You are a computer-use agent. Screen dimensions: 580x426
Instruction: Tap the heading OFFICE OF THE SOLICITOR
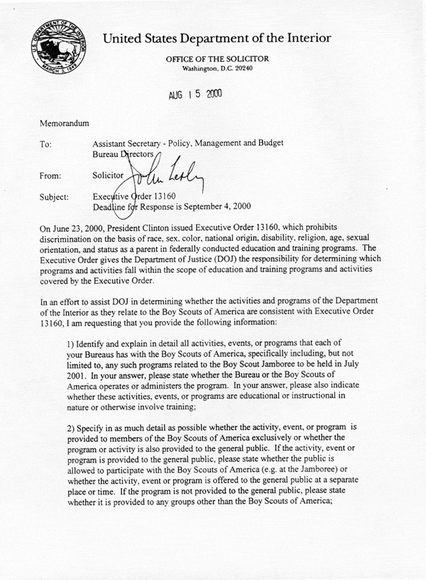(x=217, y=59)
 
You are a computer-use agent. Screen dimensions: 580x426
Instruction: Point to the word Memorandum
(x=65, y=124)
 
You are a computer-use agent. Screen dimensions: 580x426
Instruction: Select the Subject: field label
(x=54, y=197)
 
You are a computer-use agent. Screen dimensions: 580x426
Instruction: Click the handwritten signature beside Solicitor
(x=164, y=173)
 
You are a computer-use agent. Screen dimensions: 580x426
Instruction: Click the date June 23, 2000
(x=77, y=228)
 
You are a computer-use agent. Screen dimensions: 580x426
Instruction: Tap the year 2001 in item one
(x=77, y=376)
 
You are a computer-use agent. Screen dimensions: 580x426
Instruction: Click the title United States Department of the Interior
(x=217, y=38)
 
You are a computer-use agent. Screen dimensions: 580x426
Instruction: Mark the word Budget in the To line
(x=270, y=144)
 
